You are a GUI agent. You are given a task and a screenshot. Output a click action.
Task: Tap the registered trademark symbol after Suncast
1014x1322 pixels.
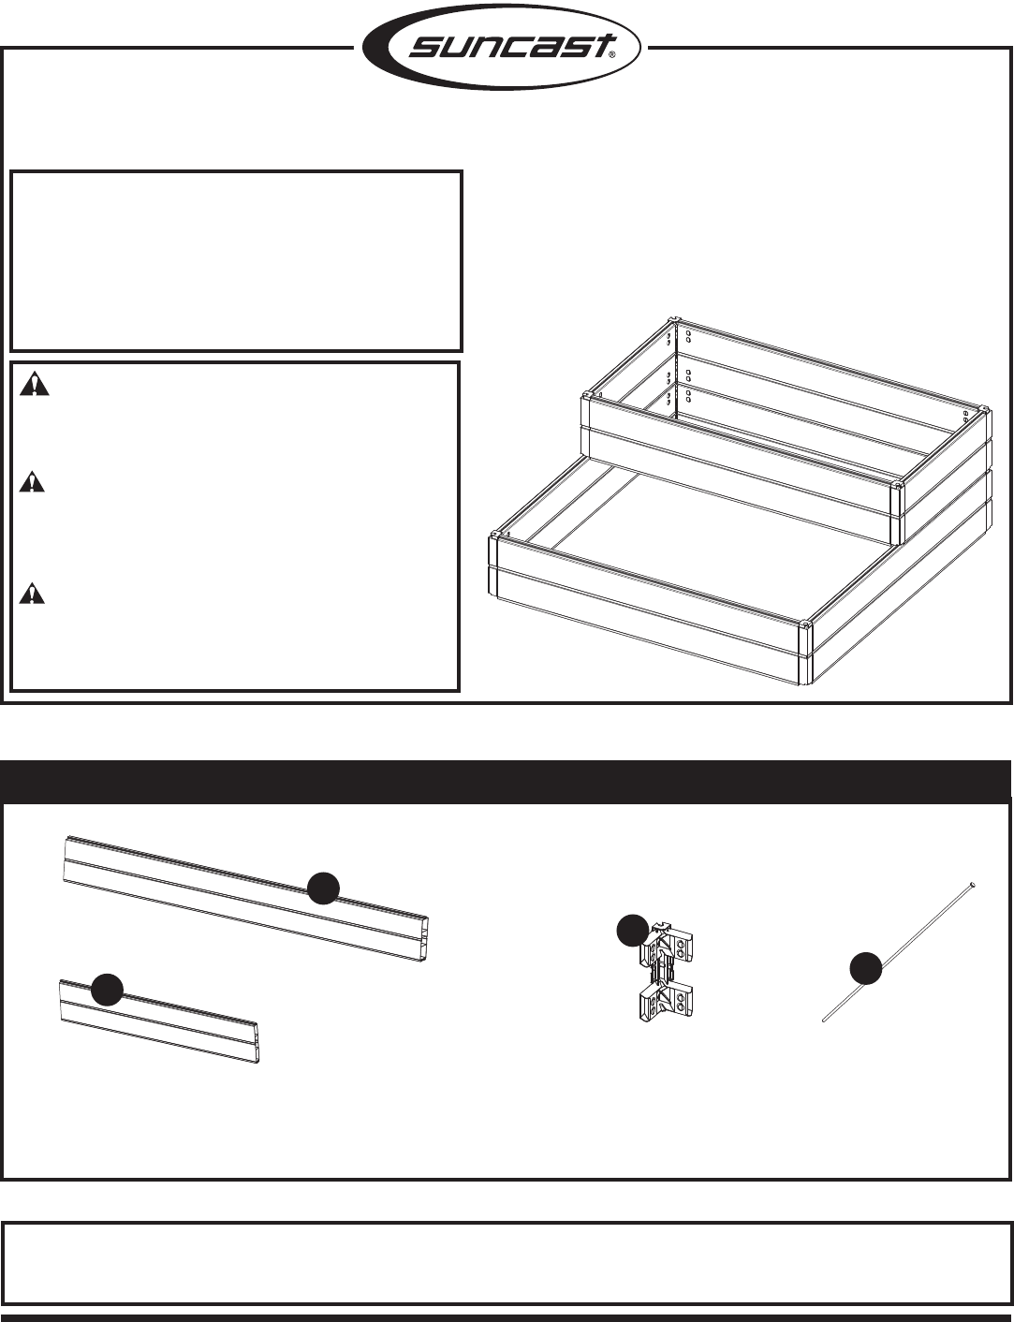point(612,54)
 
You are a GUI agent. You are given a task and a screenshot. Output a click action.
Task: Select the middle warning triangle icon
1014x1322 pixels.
point(32,482)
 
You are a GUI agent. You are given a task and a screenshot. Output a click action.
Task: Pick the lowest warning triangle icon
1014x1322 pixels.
point(32,594)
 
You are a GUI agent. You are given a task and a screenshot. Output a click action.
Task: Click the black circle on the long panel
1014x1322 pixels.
point(323,889)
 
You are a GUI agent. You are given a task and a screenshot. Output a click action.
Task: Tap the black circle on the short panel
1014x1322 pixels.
point(107,990)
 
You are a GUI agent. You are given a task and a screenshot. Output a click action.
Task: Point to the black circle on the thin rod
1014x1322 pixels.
point(865,968)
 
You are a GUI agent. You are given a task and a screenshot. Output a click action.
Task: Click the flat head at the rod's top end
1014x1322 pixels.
point(972,885)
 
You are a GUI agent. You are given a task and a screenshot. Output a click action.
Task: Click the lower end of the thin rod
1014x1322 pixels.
point(825,1020)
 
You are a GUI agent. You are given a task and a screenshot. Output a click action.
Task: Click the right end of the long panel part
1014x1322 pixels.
point(432,939)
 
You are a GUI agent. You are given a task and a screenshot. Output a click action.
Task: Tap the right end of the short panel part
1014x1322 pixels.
point(257,1043)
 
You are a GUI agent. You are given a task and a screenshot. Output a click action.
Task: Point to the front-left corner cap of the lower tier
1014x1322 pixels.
point(494,536)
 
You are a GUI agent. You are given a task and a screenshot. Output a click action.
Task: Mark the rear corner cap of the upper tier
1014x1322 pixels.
point(674,320)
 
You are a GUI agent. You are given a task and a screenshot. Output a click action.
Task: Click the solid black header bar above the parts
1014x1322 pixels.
point(505,781)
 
